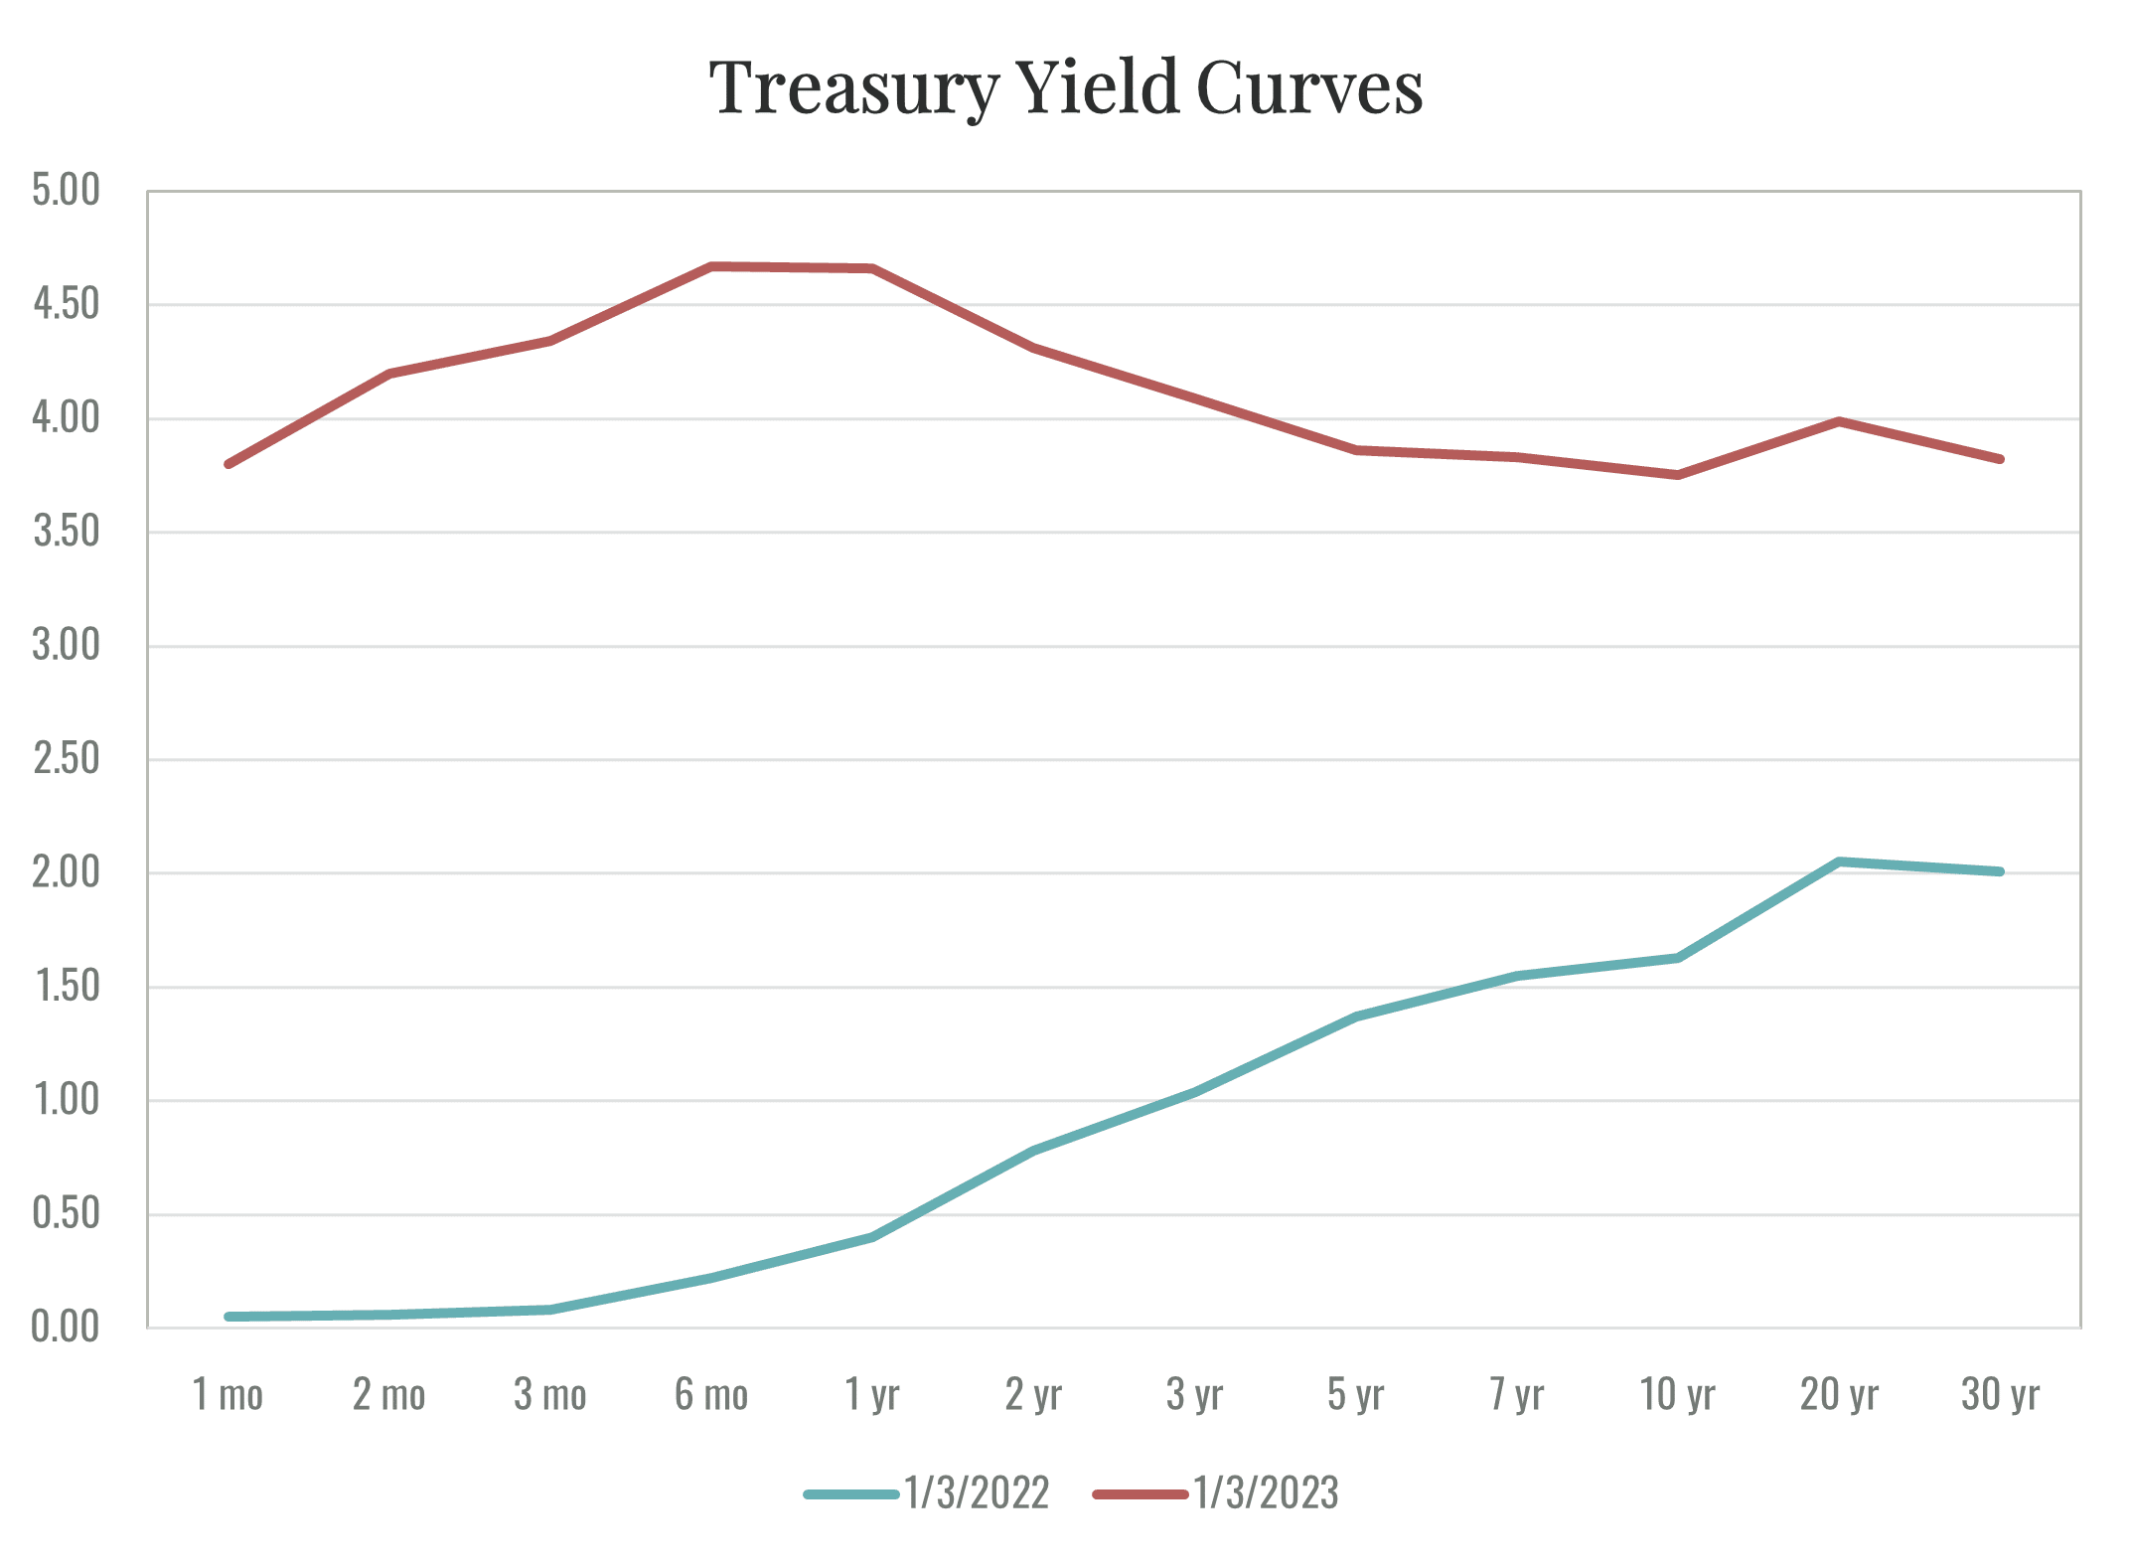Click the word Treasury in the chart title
(x=850, y=89)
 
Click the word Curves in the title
(x=1309, y=89)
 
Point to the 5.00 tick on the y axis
(x=67, y=190)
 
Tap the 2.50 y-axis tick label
(x=67, y=759)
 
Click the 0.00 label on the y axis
(x=67, y=1328)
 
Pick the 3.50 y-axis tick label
(x=67, y=532)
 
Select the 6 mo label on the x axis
(x=711, y=1395)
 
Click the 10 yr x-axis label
(x=1677, y=1395)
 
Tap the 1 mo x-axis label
(x=228, y=1395)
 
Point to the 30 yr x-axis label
(x=2000, y=1395)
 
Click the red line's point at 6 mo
(x=712, y=266)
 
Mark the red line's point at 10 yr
(x=1678, y=475)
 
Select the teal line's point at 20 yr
(x=1839, y=861)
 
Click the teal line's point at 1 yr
(x=872, y=1237)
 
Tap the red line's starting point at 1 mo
(x=228, y=464)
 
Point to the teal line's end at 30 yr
(x=2000, y=871)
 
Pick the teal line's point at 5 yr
(x=1356, y=1017)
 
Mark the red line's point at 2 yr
(x=1034, y=348)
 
